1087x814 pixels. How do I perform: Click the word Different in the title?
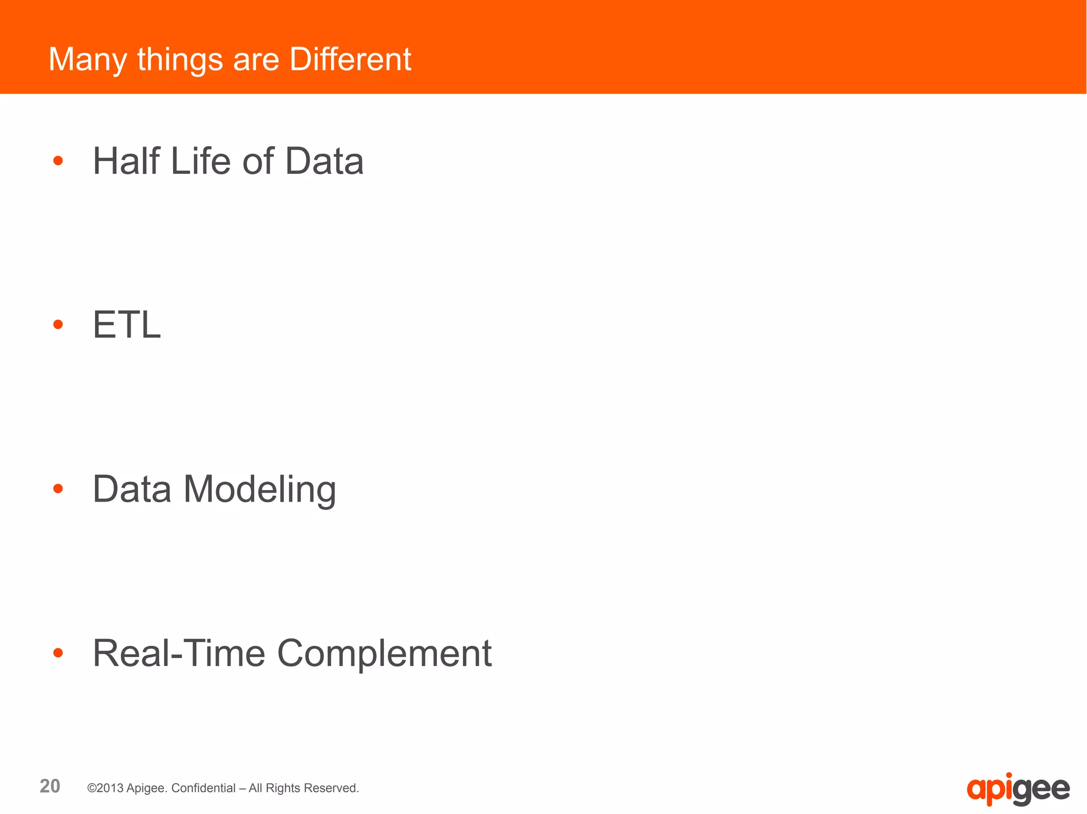point(350,59)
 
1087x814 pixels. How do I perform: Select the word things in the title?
point(180,60)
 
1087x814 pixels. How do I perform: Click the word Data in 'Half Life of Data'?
point(324,161)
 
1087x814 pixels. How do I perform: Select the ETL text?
point(127,325)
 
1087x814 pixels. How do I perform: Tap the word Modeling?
point(260,489)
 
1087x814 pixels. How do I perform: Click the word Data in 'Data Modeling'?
point(132,488)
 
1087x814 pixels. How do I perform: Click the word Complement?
point(384,654)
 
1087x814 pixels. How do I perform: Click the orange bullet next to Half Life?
point(58,161)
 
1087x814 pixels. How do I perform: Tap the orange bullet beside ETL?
point(58,325)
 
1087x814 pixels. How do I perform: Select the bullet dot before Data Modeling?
point(58,488)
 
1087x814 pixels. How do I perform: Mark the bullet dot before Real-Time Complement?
point(58,653)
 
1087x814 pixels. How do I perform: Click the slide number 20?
point(50,786)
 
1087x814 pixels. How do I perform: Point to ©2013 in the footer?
point(106,788)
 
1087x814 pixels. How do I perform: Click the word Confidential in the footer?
point(203,788)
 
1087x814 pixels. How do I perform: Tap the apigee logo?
point(1017,789)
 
